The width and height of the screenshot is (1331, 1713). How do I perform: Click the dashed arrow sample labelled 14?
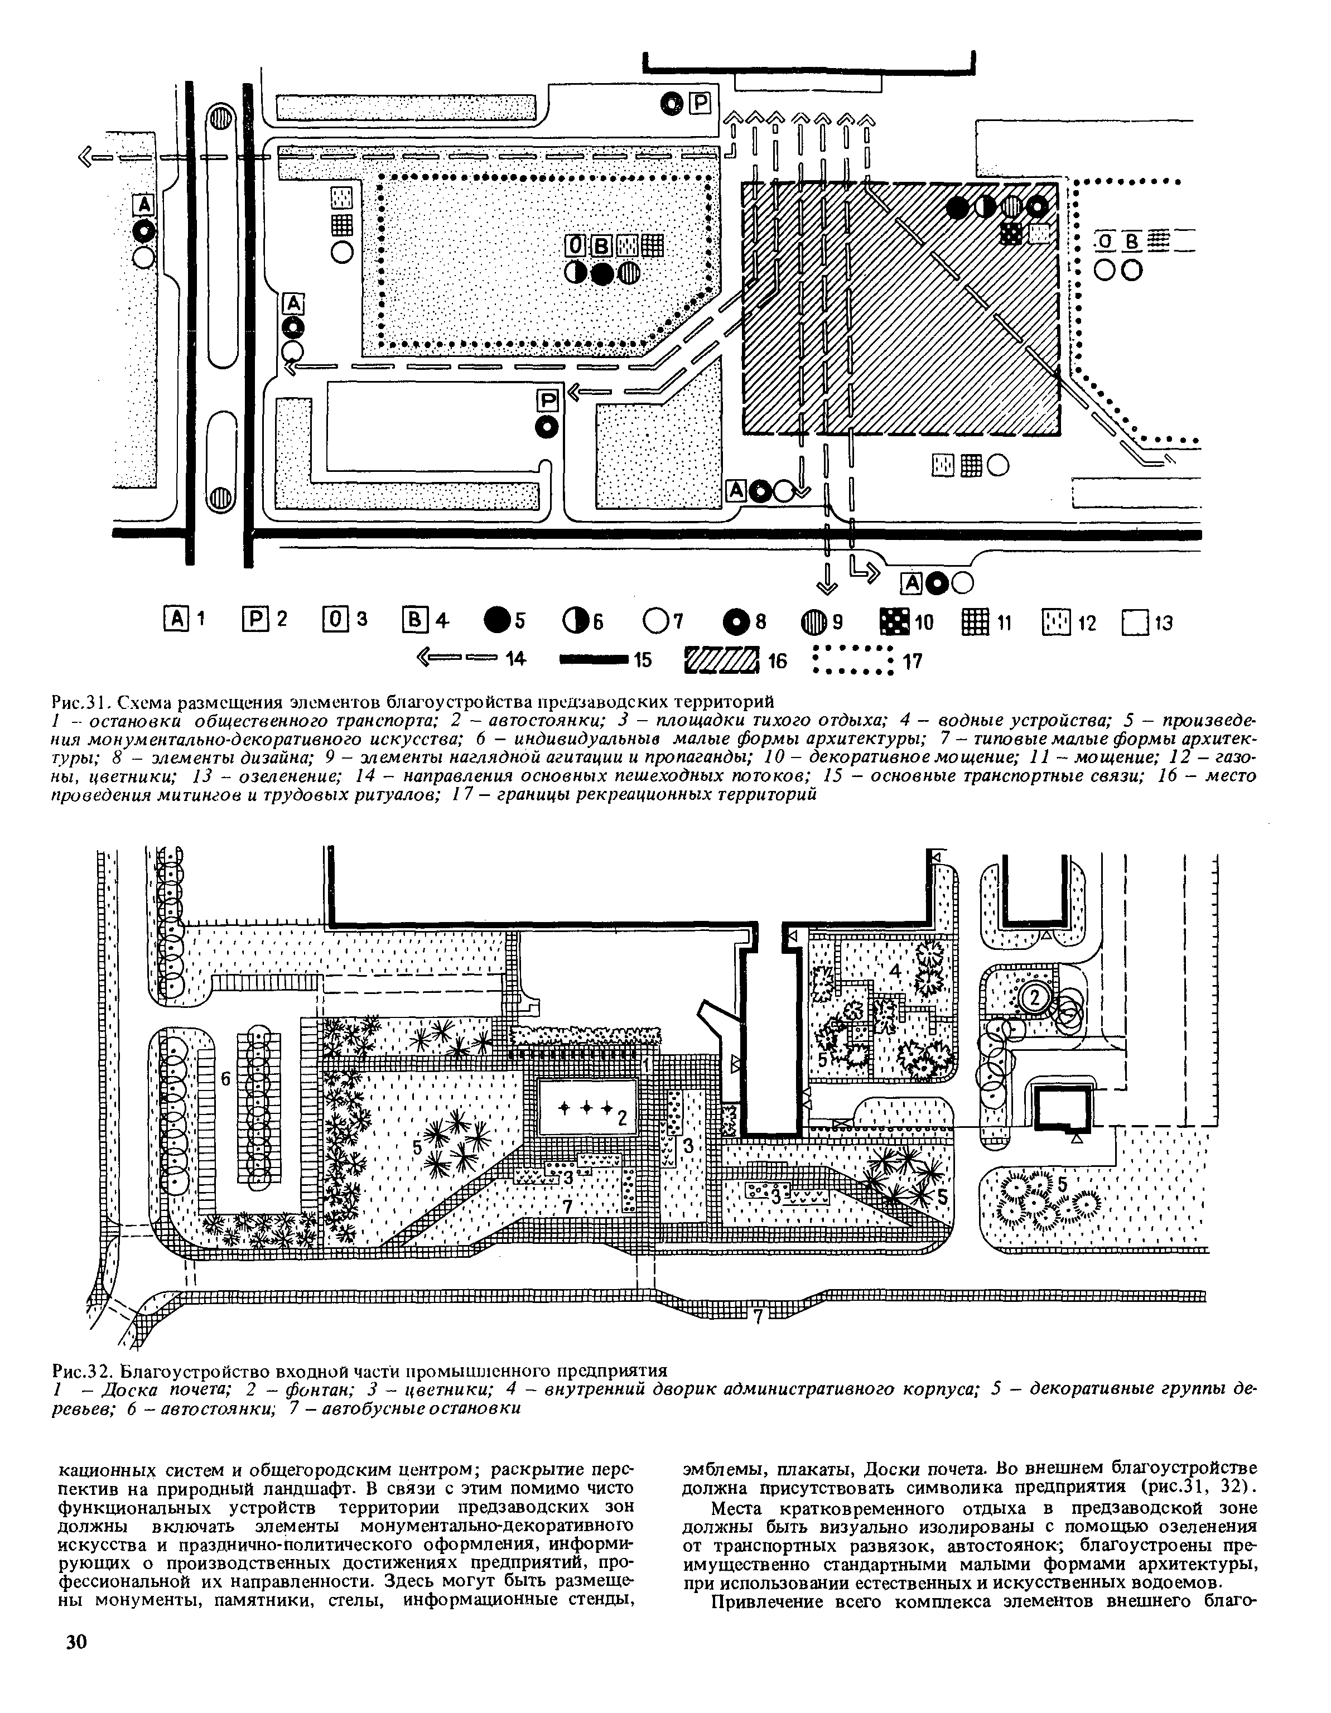(458, 660)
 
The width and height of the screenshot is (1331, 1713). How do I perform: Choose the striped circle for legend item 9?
(813, 623)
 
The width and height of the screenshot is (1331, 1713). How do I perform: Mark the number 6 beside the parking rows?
(224, 1080)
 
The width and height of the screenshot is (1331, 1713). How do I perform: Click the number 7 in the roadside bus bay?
(758, 1317)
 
